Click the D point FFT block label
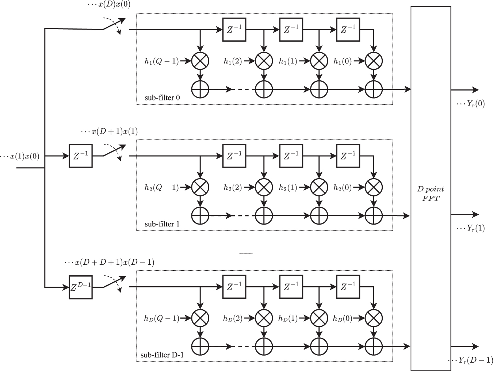(x=431, y=194)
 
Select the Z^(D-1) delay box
(x=80, y=287)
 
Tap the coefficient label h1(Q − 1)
(x=161, y=61)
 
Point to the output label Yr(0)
(x=471, y=103)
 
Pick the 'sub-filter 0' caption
(x=162, y=98)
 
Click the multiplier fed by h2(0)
(x=374, y=188)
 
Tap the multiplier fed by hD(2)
(x=264, y=318)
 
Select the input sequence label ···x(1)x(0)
(x=20, y=156)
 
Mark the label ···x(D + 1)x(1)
(x=109, y=131)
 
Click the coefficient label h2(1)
(x=288, y=188)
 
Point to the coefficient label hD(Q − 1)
(x=161, y=318)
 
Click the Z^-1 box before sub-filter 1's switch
(x=80, y=156)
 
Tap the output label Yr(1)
(x=471, y=228)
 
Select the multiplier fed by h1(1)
(x=319, y=61)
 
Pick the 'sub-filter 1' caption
(x=162, y=224)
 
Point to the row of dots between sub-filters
(x=245, y=253)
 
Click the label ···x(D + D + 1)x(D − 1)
(x=109, y=262)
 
